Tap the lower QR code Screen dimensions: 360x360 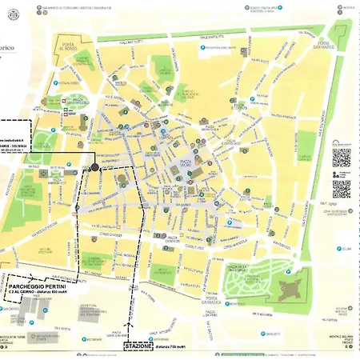[x=342, y=189]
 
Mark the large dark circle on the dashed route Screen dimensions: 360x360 [x=95, y=167]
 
